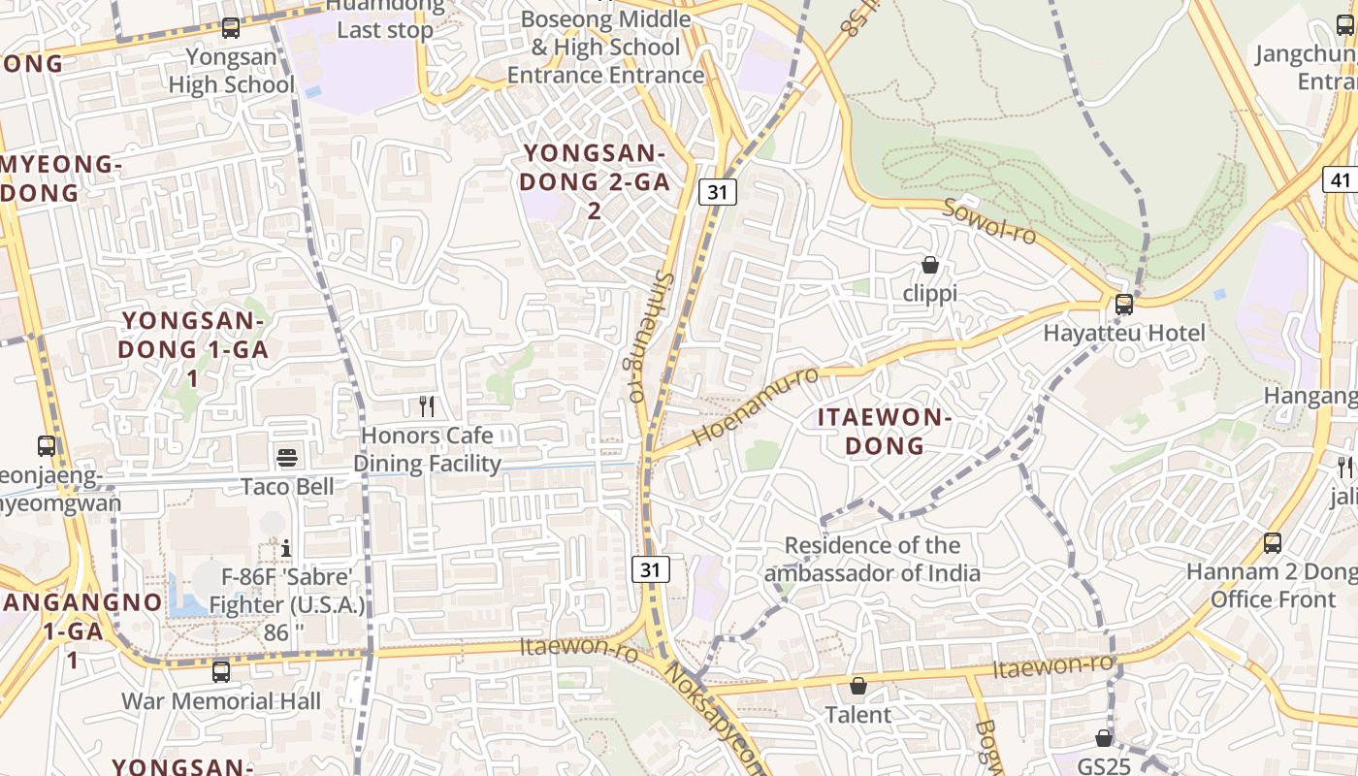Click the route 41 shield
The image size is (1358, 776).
pyautogui.click(x=1340, y=179)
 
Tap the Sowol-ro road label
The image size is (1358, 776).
pyautogui.click(x=989, y=222)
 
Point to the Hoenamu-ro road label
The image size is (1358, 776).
pyautogui.click(x=757, y=406)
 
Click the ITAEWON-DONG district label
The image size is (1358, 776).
pyautogui.click(x=884, y=432)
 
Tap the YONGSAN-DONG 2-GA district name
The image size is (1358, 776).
pyautogui.click(x=594, y=181)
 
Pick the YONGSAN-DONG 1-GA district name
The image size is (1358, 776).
pyautogui.click(x=194, y=349)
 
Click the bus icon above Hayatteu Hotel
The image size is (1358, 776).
pyautogui.click(x=1124, y=305)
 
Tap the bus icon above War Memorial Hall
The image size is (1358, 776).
pyautogui.click(x=221, y=671)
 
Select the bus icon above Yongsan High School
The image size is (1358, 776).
pyautogui.click(x=231, y=28)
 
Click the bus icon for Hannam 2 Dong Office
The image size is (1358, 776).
pyautogui.click(x=1273, y=543)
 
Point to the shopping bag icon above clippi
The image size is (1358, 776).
pyautogui.click(x=929, y=265)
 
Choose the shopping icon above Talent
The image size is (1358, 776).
pyautogui.click(x=858, y=687)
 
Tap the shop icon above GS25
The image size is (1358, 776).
pyautogui.click(x=1104, y=738)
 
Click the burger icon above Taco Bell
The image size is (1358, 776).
pyautogui.click(x=287, y=457)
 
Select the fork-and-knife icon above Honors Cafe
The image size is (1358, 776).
pyautogui.click(x=427, y=405)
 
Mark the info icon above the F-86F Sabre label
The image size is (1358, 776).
pyautogui.click(x=286, y=549)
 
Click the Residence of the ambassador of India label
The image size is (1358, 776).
pyautogui.click(x=872, y=560)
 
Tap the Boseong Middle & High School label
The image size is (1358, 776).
pyautogui.click(x=605, y=47)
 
